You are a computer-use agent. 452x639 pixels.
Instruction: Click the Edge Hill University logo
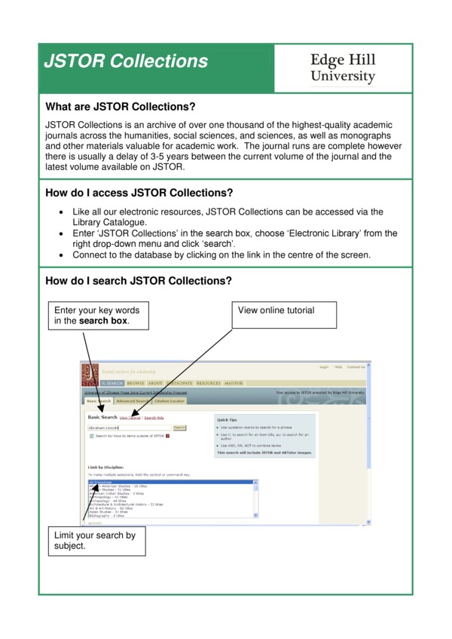[343, 68]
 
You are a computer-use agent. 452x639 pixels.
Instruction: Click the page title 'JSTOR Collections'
[126, 62]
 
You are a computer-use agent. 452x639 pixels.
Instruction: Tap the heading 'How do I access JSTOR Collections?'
[139, 193]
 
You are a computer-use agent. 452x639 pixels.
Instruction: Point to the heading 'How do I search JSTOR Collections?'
[139, 281]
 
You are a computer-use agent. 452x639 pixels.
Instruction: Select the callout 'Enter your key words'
[97, 315]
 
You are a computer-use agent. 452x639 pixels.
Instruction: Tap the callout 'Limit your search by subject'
[95, 540]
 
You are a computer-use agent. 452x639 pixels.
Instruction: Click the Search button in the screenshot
[179, 428]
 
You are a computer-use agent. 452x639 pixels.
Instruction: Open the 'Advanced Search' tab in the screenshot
[133, 401]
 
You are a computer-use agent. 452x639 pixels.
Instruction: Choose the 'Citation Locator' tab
[169, 401]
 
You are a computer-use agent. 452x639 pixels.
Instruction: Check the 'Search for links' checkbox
[91, 436]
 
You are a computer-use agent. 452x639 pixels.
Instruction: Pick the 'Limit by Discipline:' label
[106, 467]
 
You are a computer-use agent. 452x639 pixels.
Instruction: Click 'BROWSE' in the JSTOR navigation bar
[136, 383]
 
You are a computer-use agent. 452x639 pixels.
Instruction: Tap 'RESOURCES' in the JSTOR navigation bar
[208, 383]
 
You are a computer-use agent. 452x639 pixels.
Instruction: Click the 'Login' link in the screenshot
[324, 367]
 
